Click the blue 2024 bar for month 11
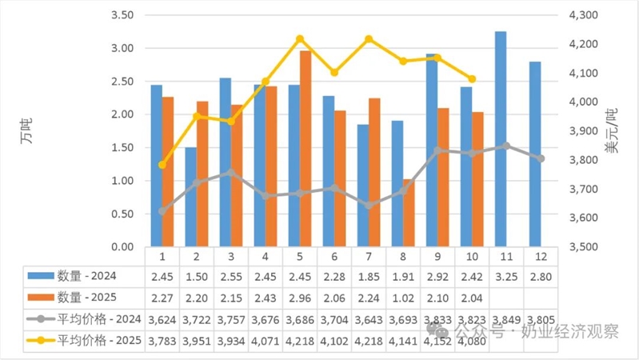pos(501,138)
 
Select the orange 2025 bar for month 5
pos(306,149)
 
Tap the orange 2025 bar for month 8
pos(409,213)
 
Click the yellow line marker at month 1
pos(162,165)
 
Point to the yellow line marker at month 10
pos(471,79)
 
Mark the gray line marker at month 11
pos(506,146)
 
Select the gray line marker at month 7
pos(369,206)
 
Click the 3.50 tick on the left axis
pos(122,15)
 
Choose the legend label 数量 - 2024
pos(87,276)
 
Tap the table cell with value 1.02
pos(403,298)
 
